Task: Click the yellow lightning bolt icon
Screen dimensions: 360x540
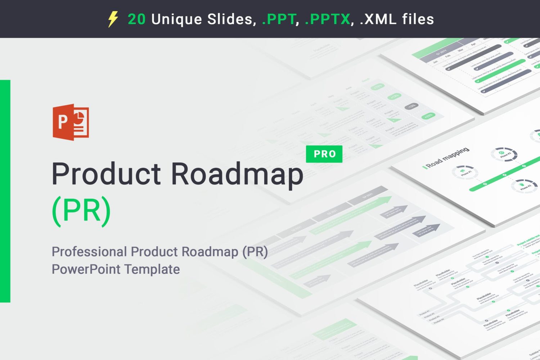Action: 113,19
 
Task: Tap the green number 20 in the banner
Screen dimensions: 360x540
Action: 136,19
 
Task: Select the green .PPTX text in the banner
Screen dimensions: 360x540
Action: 327,19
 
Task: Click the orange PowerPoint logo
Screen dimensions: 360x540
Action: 71,122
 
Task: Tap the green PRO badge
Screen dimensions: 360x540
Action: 324,154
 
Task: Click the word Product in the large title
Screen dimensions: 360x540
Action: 106,174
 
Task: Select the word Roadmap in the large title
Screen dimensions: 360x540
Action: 237,175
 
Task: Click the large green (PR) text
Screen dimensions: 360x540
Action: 81,211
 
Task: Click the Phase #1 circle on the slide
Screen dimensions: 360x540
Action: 465,172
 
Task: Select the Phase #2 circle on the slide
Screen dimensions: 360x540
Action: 524,186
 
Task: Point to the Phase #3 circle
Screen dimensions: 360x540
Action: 504,154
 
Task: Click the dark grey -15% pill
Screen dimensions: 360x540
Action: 411,106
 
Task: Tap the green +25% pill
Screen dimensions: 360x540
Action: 428,116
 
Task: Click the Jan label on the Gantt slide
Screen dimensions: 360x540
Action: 436,62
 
